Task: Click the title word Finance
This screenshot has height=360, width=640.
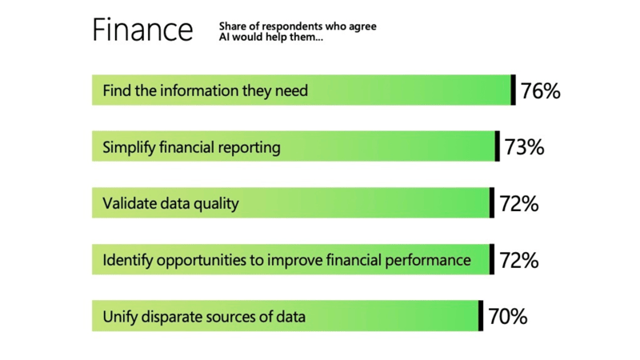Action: (142, 30)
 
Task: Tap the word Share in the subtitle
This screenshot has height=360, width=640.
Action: (233, 26)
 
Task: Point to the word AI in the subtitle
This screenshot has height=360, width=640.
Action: (225, 38)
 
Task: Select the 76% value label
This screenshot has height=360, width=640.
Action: (541, 90)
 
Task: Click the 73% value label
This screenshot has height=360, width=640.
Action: (525, 147)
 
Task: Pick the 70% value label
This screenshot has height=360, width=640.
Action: (508, 317)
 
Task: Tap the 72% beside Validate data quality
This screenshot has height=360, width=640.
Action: (519, 204)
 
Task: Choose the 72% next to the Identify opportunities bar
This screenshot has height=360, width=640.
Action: (519, 261)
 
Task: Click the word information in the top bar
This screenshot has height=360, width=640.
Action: (198, 90)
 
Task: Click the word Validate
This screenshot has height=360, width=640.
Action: (129, 203)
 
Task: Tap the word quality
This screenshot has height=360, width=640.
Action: (217, 204)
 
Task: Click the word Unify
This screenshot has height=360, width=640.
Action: (120, 317)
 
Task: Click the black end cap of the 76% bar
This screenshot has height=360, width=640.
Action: (514, 90)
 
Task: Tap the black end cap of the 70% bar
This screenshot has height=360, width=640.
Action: (481, 316)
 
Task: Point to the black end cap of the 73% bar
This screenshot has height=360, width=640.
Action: (498, 146)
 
